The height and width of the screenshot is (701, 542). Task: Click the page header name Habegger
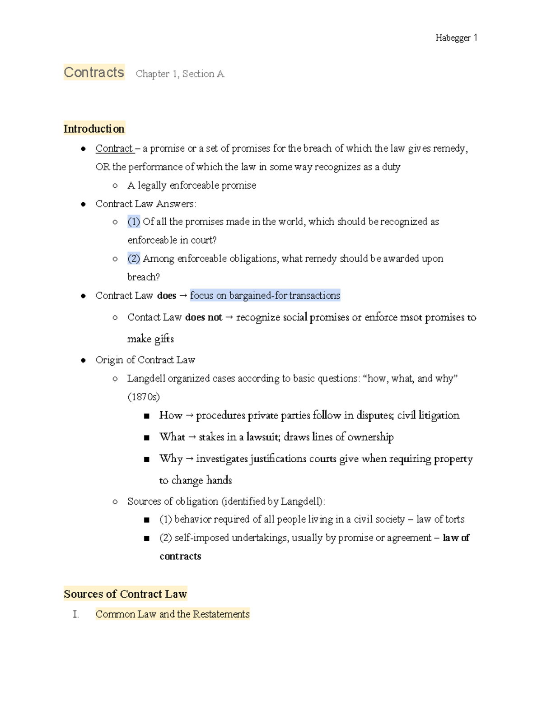[x=453, y=38]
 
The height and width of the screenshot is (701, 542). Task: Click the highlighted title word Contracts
[x=94, y=73]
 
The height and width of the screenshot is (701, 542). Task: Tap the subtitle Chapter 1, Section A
[x=180, y=74]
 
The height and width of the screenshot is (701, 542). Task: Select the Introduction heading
[x=94, y=129]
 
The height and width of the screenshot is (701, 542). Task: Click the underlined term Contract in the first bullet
[x=114, y=149]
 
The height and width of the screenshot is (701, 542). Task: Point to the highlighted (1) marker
[x=134, y=222]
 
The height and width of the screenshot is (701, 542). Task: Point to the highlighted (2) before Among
[x=134, y=259]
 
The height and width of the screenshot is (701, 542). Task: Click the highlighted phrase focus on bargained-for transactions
[x=265, y=296]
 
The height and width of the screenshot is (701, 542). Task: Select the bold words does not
[x=204, y=317]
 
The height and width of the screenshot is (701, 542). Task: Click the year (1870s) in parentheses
[x=144, y=397]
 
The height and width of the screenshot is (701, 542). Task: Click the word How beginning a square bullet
[x=170, y=415]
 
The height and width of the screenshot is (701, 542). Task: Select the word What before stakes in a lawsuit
[x=172, y=437]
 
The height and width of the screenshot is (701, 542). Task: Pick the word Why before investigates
[x=171, y=459]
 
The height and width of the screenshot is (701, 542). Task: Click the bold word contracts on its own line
[x=180, y=556]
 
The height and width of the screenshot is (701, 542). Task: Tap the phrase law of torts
[x=440, y=520]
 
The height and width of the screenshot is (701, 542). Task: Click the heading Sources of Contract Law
[x=125, y=594]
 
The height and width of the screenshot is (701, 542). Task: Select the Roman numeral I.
[x=75, y=614]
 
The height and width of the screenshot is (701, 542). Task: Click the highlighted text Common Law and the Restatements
[x=173, y=614]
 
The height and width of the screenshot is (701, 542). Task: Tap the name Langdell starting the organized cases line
[x=146, y=378]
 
